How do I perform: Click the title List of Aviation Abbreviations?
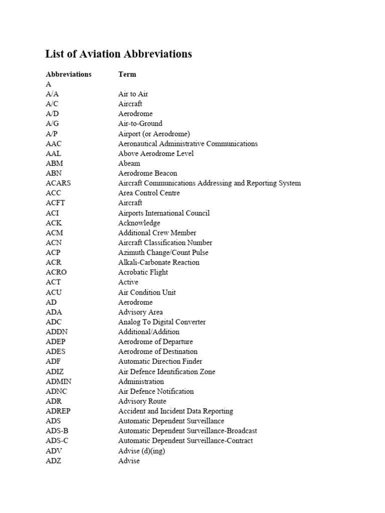click(x=119, y=54)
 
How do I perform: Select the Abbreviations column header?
click(x=69, y=74)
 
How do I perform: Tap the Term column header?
click(x=127, y=74)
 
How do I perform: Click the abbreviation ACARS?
click(x=58, y=183)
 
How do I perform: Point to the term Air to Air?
click(x=133, y=94)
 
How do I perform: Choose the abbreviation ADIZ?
click(x=55, y=371)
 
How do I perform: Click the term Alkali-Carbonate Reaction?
click(x=158, y=262)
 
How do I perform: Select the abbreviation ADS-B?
click(x=57, y=431)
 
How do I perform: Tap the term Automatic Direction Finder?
click(x=160, y=361)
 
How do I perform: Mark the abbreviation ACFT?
click(x=55, y=203)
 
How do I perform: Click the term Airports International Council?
click(x=164, y=213)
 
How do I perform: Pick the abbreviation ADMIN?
click(x=59, y=381)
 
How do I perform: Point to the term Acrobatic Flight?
click(x=143, y=272)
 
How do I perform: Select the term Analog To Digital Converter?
click(x=162, y=322)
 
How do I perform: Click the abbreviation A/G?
click(x=53, y=123)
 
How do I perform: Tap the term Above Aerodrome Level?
click(x=155, y=153)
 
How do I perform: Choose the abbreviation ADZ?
click(x=54, y=460)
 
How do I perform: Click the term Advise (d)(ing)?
click(x=141, y=451)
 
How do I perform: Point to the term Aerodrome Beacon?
click(x=147, y=173)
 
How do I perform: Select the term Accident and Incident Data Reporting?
click(x=175, y=411)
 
